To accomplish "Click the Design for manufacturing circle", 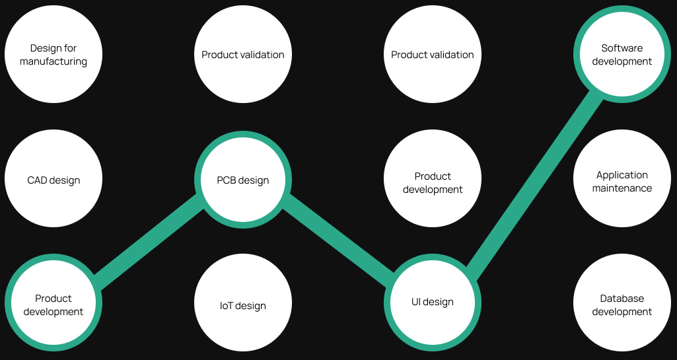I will click(53, 55).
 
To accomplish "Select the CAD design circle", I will click(53, 180).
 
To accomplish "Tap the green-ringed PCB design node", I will click(243, 180).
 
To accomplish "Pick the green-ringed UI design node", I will click(433, 303).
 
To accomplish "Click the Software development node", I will click(622, 55).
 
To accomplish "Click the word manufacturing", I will click(53, 61).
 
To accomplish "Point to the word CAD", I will click(37, 180).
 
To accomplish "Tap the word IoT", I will click(227, 306).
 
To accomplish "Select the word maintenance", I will click(622, 188).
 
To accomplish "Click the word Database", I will click(622, 299).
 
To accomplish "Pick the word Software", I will click(622, 48).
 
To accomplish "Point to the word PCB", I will click(227, 180).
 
